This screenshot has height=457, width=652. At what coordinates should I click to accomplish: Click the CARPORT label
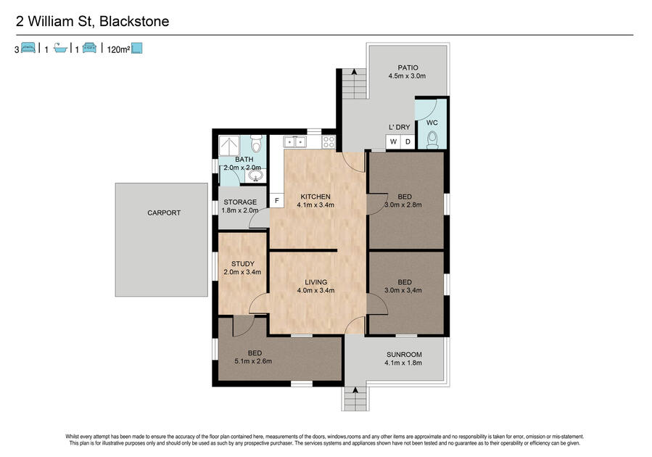164,213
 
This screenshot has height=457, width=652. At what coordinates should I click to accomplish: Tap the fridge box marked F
276,201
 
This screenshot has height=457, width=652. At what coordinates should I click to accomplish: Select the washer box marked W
393,141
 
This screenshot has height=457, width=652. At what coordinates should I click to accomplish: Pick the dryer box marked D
408,141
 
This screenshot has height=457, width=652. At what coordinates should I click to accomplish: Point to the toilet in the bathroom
257,144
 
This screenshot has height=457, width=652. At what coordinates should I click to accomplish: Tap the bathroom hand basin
255,175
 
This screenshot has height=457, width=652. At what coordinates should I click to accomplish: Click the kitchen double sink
294,141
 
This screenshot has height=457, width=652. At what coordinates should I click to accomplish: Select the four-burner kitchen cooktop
329,141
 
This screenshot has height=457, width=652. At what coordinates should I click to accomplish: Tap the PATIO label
408,67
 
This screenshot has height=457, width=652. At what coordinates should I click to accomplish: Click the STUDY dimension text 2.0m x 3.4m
242,272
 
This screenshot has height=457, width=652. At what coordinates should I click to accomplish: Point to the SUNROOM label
404,354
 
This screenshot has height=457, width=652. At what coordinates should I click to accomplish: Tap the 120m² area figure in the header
118,49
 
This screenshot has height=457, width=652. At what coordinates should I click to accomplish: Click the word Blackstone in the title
134,21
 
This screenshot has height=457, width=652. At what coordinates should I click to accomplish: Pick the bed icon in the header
28,47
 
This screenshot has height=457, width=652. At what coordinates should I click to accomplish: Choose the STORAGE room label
240,202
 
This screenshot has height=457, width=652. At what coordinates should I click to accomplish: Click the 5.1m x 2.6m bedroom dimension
253,361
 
